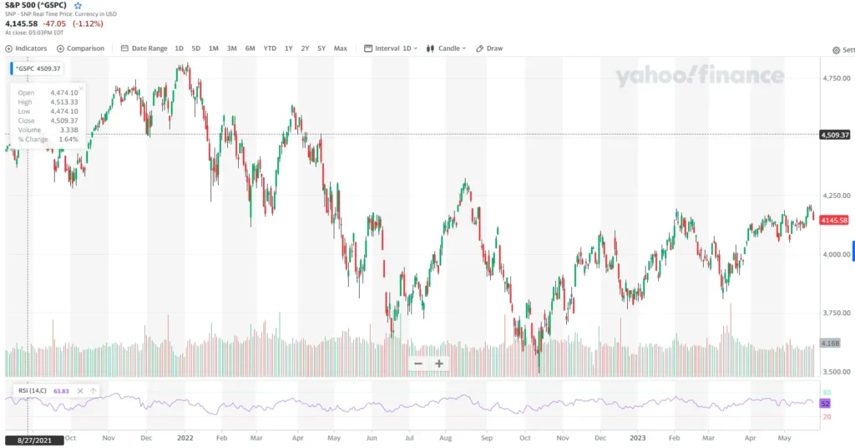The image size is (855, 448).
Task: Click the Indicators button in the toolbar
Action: [x=26, y=48]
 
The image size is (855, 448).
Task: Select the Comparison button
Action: [x=81, y=48]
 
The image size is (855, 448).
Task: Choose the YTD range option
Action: [x=270, y=48]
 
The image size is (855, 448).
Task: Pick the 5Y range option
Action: [x=322, y=48]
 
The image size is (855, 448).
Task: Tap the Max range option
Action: [x=341, y=48]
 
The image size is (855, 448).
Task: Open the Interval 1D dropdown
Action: [x=391, y=48]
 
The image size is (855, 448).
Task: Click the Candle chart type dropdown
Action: [x=447, y=48]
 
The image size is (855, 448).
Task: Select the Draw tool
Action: [x=490, y=48]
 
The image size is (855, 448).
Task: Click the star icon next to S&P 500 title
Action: [x=78, y=5]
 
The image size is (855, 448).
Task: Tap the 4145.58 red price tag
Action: [x=834, y=220]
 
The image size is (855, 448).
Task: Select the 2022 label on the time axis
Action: [x=185, y=437]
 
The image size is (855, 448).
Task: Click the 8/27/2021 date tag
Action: [x=34, y=440]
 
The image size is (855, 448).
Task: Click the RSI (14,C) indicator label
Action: [x=33, y=390]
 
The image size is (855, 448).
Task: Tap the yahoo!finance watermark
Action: [x=700, y=77]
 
